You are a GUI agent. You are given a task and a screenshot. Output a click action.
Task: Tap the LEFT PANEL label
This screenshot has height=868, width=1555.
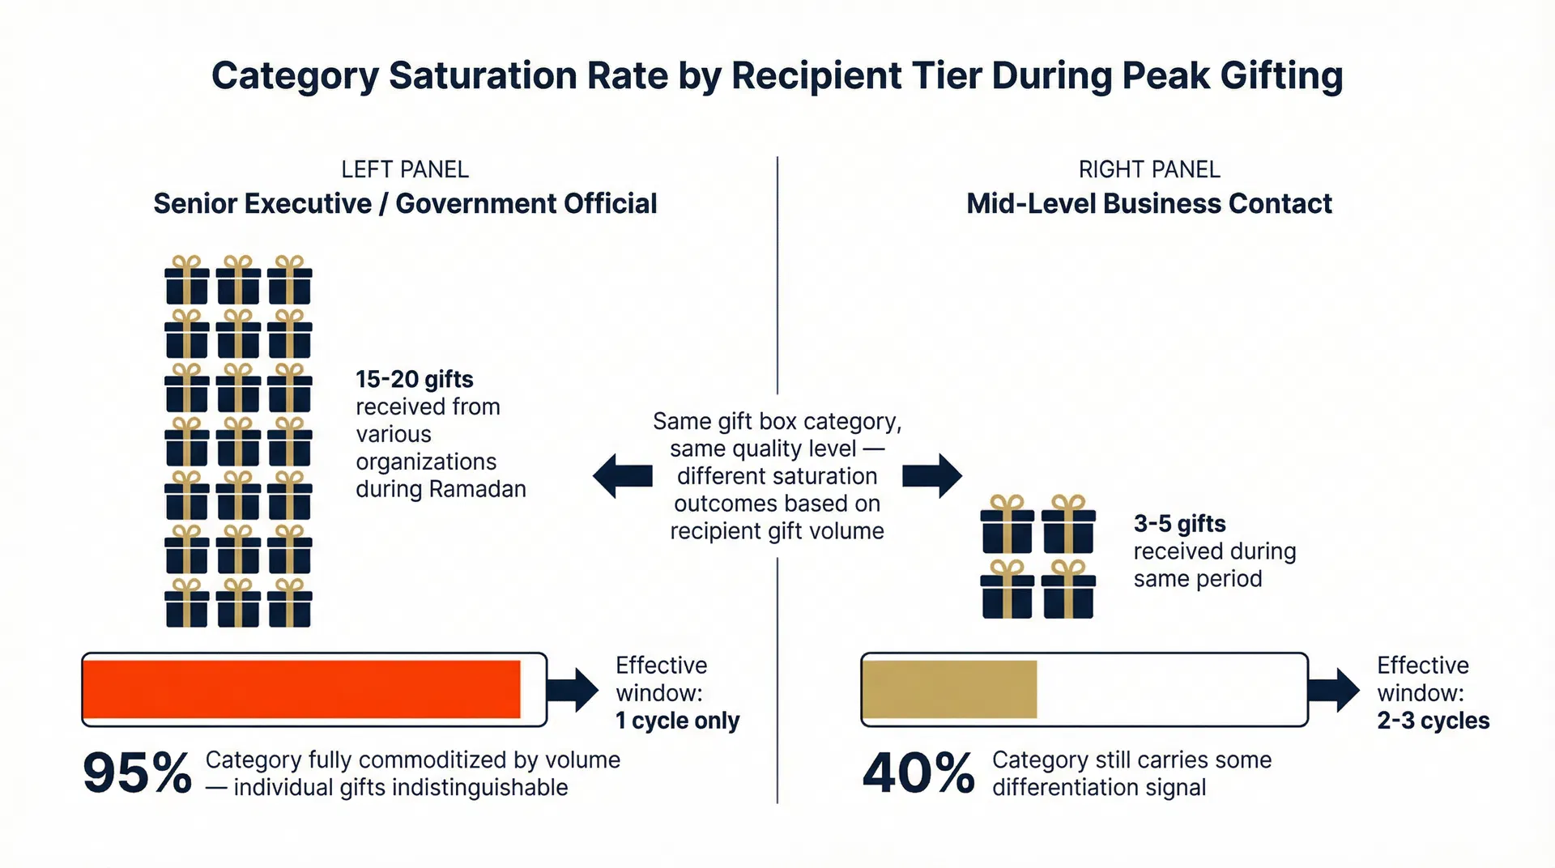pyautogui.click(x=405, y=169)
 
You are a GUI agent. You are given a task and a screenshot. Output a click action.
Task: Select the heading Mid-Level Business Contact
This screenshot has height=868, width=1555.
pyautogui.click(x=1148, y=203)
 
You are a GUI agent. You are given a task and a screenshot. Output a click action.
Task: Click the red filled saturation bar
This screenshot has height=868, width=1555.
pyautogui.click(x=301, y=689)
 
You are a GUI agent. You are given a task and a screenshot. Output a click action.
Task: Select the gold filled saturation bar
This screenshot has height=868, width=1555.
pyautogui.click(x=950, y=689)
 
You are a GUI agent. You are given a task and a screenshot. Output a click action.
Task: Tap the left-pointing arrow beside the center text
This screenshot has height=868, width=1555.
pyautogui.click(x=622, y=475)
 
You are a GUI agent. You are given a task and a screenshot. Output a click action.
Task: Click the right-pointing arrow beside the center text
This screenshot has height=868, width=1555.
pyautogui.click(x=932, y=475)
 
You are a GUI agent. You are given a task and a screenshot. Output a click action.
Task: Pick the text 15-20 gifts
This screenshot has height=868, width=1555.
pyautogui.click(x=414, y=379)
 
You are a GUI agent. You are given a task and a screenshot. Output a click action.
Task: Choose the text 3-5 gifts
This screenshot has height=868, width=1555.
pyautogui.click(x=1179, y=524)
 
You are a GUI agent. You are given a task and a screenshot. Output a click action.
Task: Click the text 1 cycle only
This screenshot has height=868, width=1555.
pyautogui.click(x=677, y=721)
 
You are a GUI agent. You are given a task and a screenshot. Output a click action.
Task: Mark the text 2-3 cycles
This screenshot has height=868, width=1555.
pyautogui.click(x=1433, y=721)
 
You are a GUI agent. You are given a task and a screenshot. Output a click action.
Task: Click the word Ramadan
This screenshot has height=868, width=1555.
pyautogui.click(x=477, y=489)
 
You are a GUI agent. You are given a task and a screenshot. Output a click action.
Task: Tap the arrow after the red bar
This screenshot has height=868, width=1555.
pyautogui.click(x=573, y=690)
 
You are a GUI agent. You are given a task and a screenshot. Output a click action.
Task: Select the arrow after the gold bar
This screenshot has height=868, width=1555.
pyautogui.click(x=1335, y=690)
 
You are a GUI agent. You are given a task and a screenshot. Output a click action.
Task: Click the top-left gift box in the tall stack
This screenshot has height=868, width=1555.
pyautogui.click(x=187, y=280)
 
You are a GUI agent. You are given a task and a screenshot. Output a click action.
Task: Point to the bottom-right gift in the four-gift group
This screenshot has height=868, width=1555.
pyautogui.click(x=1068, y=589)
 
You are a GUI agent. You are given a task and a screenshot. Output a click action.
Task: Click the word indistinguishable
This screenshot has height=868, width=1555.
pyautogui.click(x=481, y=787)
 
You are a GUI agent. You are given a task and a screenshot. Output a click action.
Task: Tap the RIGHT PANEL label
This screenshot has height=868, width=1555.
pyautogui.click(x=1148, y=169)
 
